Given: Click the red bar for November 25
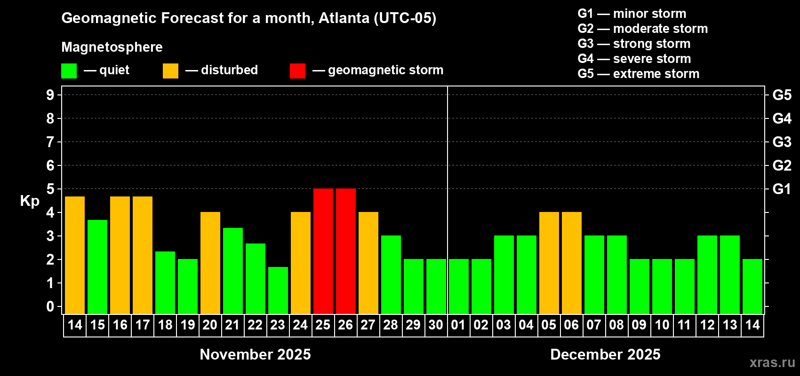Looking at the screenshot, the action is click(x=323, y=251).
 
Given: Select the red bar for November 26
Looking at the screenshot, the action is click(x=346, y=251).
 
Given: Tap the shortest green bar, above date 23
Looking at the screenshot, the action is click(x=278, y=290).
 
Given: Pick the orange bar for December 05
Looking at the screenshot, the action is click(x=549, y=263).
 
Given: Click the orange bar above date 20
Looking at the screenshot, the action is click(x=210, y=263).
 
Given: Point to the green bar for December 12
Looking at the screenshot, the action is click(x=707, y=274).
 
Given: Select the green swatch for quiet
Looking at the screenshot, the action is click(x=69, y=70).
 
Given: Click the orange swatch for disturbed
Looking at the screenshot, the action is click(x=170, y=70).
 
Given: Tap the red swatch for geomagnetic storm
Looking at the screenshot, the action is click(x=297, y=70).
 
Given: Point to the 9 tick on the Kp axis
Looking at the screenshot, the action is click(x=50, y=95).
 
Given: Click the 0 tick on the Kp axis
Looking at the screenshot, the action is click(x=50, y=306).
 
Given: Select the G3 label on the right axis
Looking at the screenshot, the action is click(x=782, y=142).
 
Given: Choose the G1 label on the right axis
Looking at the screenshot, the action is click(x=782, y=189).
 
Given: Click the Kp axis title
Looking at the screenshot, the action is click(x=30, y=201).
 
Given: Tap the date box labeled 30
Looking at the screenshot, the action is click(x=436, y=325).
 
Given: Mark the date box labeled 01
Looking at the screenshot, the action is click(x=458, y=325).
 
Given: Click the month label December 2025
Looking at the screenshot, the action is click(x=605, y=354).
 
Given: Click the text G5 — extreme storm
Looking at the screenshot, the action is click(x=638, y=74).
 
